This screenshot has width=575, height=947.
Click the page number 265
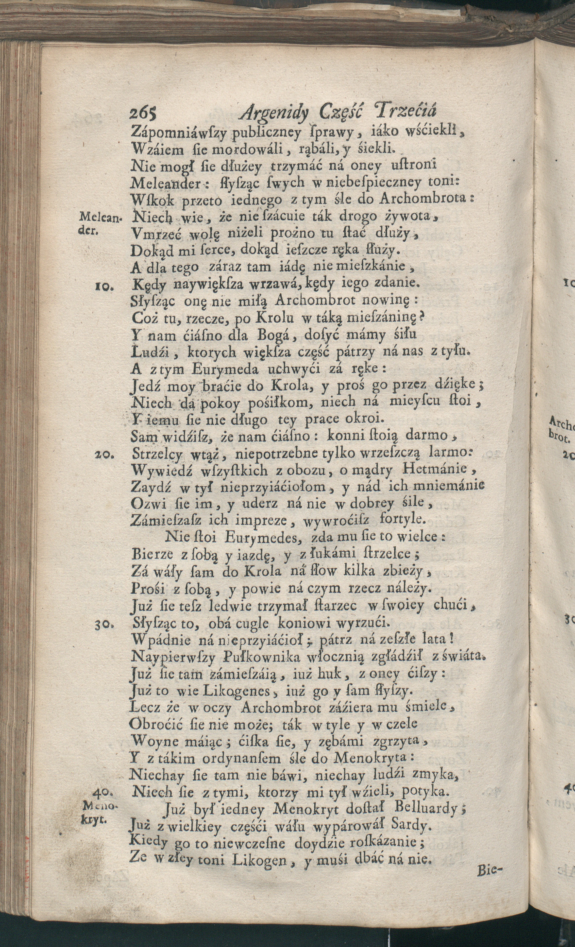pos(143,114)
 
